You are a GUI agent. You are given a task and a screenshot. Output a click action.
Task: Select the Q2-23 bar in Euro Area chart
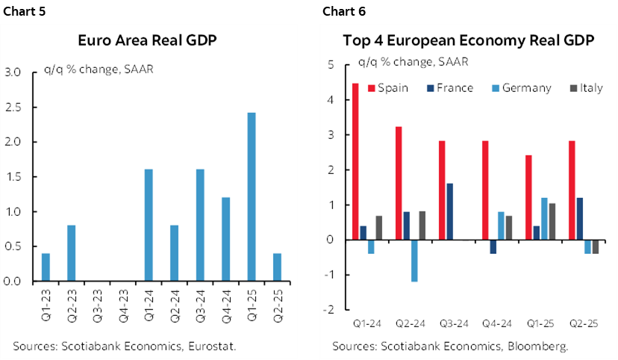[x=72, y=253]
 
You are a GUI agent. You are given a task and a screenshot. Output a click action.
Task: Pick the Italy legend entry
[x=591, y=88]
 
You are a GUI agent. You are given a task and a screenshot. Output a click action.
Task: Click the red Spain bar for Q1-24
[x=355, y=161]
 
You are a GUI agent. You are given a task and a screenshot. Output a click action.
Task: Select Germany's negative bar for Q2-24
[x=415, y=261]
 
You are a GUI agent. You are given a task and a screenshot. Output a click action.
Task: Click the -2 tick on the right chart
[x=328, y=309]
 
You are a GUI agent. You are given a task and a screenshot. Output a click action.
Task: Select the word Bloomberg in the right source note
[x=536, y=346]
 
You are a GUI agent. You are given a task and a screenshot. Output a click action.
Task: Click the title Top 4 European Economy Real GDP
[x=468, y=41]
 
